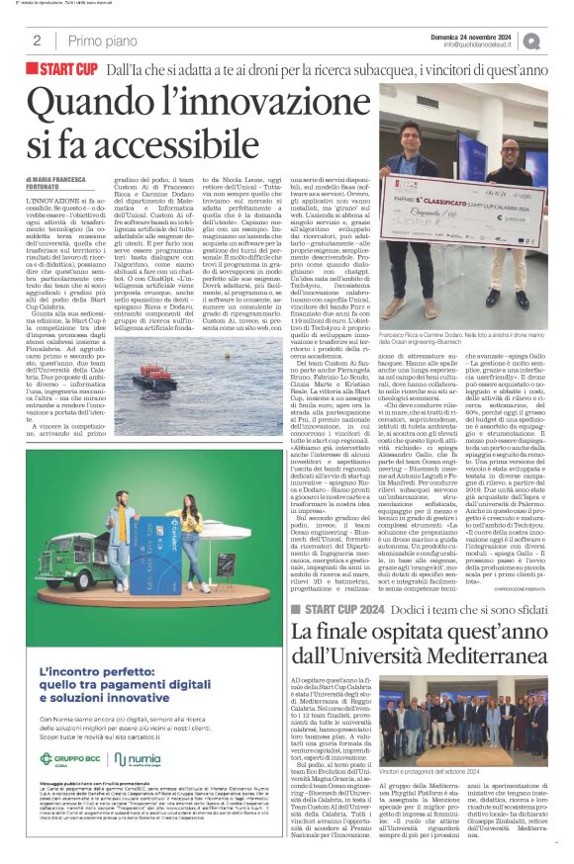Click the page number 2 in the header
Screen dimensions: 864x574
(36, 41)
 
